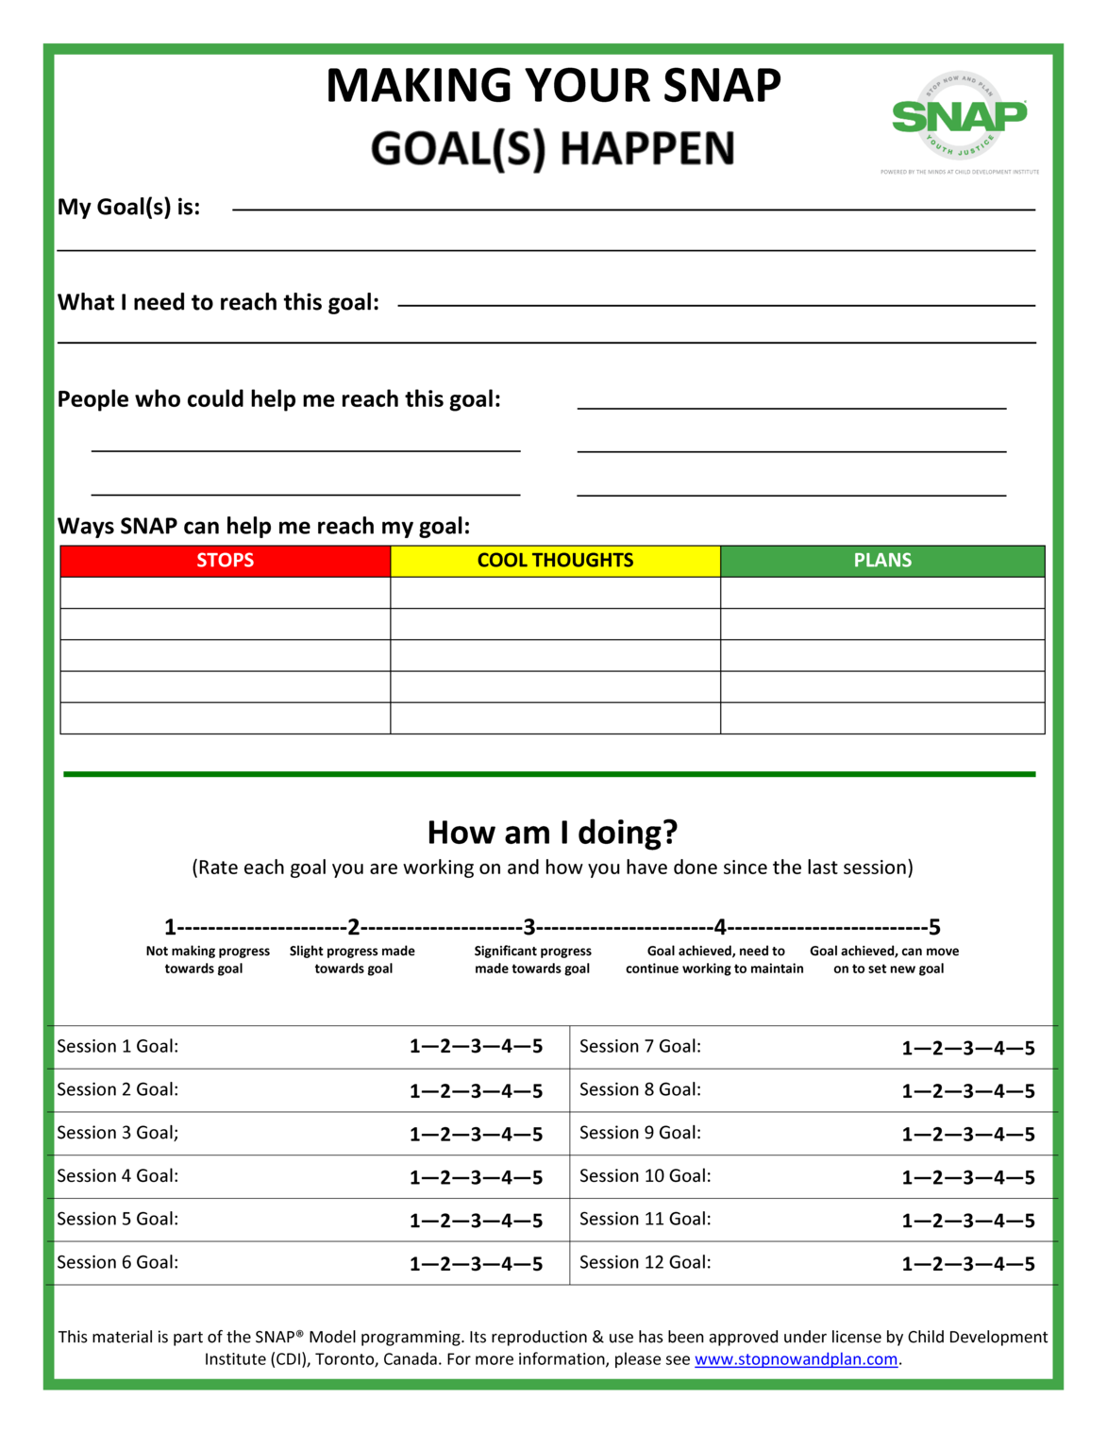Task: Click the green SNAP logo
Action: tap(959, 117)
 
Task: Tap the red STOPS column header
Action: tap(225, 561)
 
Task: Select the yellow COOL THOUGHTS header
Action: tap(555, 561)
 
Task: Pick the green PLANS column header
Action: tap(882, 561)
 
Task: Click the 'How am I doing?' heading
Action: tap(552, 833)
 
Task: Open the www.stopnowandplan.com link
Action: tap(796, 1359)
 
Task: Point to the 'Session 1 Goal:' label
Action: tap(117, 1046)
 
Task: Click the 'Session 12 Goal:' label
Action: tap(645, 1262)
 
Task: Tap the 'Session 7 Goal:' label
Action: tap(640, 1046)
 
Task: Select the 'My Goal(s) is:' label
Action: tap(128, 207)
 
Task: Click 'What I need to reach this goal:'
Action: tap(218, 302)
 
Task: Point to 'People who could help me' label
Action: tap(278, 399)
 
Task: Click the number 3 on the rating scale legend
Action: tap(529, 927)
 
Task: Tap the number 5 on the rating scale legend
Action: tap(934, 927)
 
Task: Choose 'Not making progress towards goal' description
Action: tap(207, 960)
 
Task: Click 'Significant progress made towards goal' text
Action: tap(532, 960)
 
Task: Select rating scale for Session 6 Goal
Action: tap(476, 1264)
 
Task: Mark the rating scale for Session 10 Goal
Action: tap(968, 1178)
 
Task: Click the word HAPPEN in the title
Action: tap(646, 148)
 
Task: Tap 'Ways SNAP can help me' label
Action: tap(263, 526)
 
